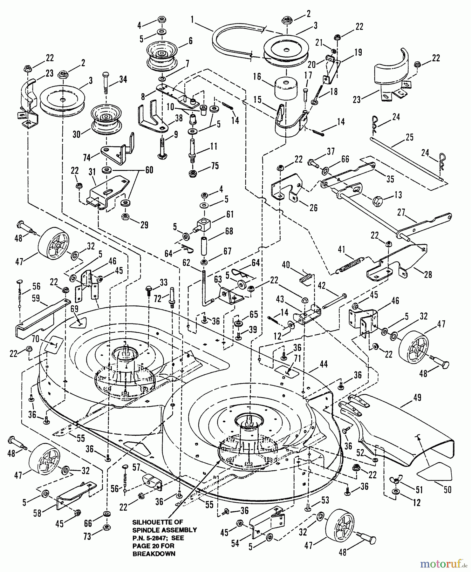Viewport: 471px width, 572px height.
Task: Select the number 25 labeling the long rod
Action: (x=409, y=137)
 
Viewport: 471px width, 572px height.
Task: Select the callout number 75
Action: (x=215, y=166)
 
